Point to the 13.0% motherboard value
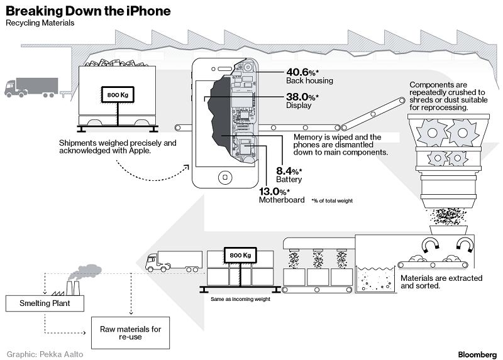click(275, 191)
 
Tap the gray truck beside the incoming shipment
click(31, 87)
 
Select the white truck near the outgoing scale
click(174, 261)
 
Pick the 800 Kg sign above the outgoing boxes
click(240, 256)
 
